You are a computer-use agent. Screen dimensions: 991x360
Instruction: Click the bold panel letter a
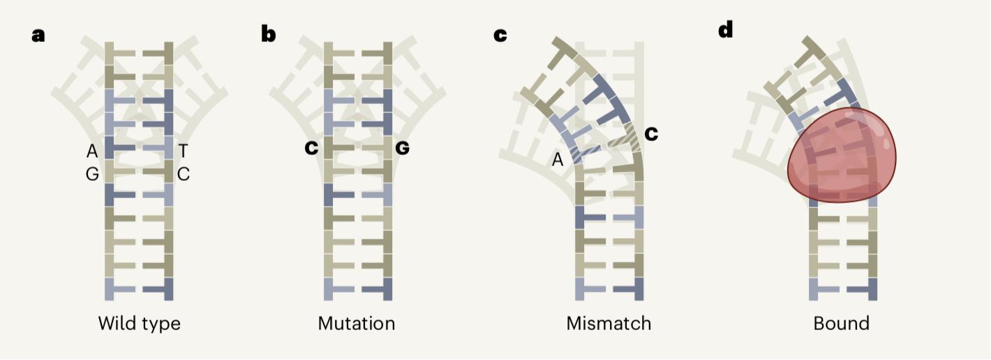(38, 36)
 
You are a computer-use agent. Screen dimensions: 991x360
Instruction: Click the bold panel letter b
(268, 33)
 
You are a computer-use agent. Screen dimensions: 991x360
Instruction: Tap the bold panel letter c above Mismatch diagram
(500, 36)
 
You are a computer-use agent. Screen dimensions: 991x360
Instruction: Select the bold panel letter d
(726, 29)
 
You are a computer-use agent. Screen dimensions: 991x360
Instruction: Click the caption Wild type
(140, 324)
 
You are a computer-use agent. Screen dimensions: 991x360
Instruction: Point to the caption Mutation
(357, 323)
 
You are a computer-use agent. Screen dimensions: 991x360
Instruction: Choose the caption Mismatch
(609, 323)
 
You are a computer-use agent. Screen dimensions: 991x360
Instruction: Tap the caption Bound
(842, 323)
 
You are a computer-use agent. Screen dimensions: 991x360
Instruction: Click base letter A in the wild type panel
(92, 151)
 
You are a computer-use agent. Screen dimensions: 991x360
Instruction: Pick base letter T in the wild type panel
(183, 151)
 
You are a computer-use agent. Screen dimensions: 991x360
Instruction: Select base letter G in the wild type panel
(92, 174)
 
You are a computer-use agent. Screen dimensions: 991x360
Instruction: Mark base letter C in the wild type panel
(183, 174)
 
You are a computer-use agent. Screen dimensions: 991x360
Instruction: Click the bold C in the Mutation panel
(311, 148)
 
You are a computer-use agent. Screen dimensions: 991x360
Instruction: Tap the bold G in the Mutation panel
(402, 148)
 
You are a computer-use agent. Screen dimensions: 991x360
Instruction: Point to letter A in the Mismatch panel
(558, 160)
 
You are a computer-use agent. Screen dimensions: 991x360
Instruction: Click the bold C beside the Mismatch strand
(651, 133)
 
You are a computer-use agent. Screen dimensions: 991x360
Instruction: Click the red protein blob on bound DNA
(842, 155)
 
